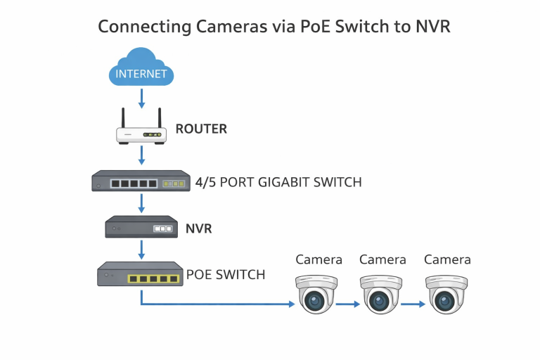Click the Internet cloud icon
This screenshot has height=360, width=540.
click(x=141, y=69)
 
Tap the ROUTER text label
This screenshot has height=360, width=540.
click(x=201, y=129)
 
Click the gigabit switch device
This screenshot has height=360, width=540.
click(x=141, y=182)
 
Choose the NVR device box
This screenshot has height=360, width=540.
click(x=141, y=227)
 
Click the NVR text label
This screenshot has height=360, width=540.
click(x=199, y=229)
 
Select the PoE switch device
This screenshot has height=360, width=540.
click(x=141, y=274)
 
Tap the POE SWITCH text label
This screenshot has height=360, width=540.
click(x=226, y=274)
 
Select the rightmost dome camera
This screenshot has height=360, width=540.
click(x=446, y=293)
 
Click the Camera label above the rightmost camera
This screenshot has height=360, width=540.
click(x=447, y=259)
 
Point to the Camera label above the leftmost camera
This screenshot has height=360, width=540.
click(x=319, y=259)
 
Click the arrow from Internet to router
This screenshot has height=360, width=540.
click(x=141, y=97)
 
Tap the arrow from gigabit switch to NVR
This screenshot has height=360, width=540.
click(x=141, y=203)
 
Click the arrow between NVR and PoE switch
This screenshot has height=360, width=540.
click(x=141, y=248)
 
